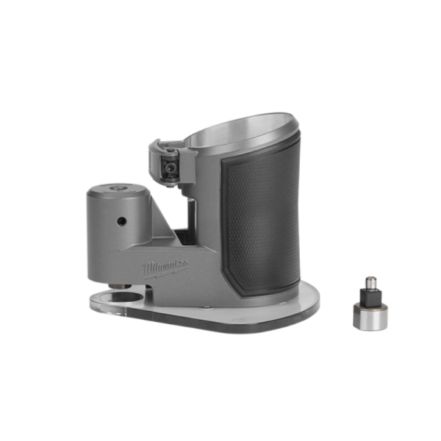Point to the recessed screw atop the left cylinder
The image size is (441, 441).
[118, 189]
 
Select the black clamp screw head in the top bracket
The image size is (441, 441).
[171, 168]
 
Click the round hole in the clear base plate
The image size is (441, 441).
[120, 298]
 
